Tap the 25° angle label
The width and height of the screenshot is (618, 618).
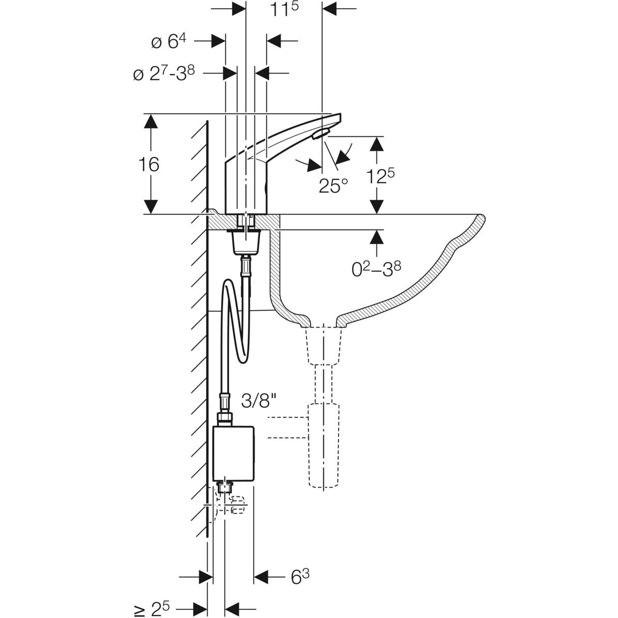tap(333, 185)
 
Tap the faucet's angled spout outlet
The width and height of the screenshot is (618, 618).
tap(319, 134)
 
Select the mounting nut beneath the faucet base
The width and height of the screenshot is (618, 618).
tap(246, 243)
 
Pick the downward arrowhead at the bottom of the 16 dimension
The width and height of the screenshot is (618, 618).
tap(150, 207)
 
